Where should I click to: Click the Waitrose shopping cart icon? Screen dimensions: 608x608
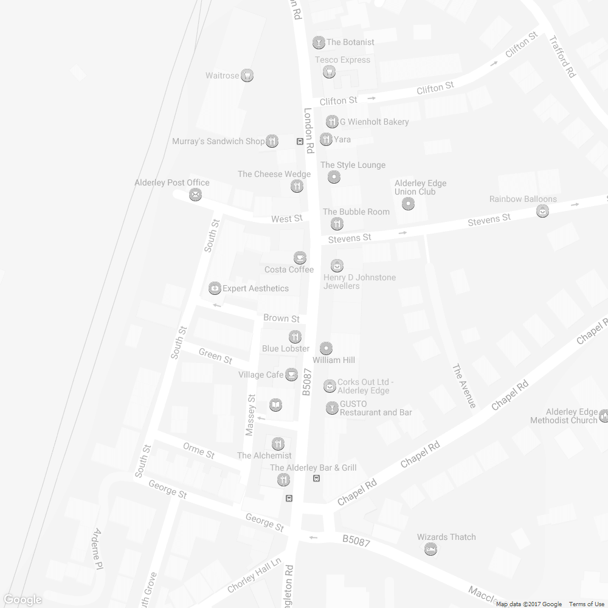(x=247, y=76)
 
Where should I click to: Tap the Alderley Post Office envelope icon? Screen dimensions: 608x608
(x=195, y=195)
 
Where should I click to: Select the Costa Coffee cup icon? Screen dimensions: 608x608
(x=300, y=258)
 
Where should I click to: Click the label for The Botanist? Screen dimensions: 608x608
(x=350, y=43)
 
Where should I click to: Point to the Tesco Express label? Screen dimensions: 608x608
(x=342, y=60)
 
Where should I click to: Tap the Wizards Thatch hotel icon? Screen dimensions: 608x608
(x=431, y=549)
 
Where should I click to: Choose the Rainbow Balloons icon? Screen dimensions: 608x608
(x=542, y=211)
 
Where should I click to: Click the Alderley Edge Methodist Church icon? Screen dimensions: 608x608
(x=604, y=416)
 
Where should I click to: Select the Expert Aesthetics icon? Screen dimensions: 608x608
(x=214, y=288)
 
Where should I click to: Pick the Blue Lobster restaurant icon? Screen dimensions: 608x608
(x=295, y=336)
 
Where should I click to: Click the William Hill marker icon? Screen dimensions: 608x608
(x=326, y=348)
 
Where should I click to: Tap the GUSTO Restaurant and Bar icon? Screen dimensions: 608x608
(x=332, y=408)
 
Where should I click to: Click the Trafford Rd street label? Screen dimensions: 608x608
(x=562, y=55)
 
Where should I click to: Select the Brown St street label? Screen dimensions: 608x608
(x=282, y=319)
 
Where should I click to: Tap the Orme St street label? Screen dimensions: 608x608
(x=199, y=451)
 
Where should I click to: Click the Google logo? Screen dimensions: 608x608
(x=22, y=600)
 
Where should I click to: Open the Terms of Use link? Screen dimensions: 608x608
(x=587, y=604)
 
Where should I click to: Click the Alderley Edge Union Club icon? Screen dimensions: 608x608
(x=409, y=204)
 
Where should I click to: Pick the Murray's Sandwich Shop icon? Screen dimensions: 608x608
(x=272, y=141)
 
